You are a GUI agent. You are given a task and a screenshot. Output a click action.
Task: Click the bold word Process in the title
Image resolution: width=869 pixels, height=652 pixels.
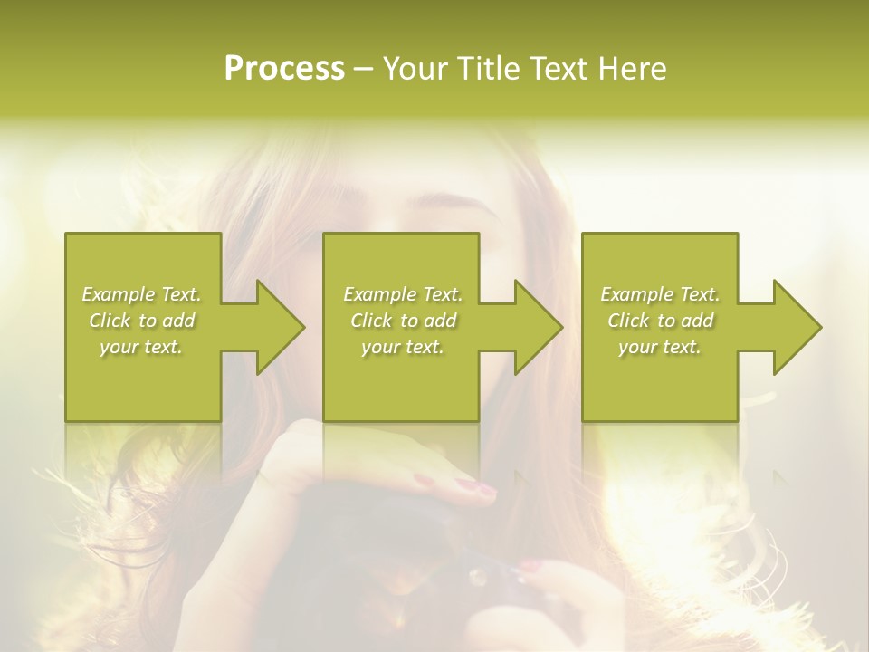(284, 69)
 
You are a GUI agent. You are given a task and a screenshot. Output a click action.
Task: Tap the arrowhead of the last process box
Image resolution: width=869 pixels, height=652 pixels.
(796, 327)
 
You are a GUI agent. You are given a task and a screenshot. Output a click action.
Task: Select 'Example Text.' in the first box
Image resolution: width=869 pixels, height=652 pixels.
(141, 294)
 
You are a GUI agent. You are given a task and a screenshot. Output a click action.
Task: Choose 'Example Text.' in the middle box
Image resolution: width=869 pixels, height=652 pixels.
(403, 294)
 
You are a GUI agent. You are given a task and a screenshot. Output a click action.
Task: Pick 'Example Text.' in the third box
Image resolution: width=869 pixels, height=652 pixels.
(660, 294)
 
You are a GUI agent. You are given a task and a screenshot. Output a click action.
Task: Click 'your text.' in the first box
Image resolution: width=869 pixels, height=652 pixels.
(141, 347)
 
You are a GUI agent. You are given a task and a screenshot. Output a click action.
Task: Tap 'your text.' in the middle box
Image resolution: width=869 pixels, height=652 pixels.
(403, 347)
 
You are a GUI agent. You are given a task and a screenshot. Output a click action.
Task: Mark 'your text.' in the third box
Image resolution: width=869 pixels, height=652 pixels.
(660, 347)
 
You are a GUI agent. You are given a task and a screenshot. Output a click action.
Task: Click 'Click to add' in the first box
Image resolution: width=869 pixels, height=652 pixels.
(141, 321)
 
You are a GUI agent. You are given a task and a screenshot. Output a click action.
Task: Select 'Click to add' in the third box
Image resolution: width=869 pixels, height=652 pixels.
(660, 321)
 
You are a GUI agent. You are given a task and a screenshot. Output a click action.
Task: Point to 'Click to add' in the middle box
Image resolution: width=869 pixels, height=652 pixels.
(403, 321)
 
